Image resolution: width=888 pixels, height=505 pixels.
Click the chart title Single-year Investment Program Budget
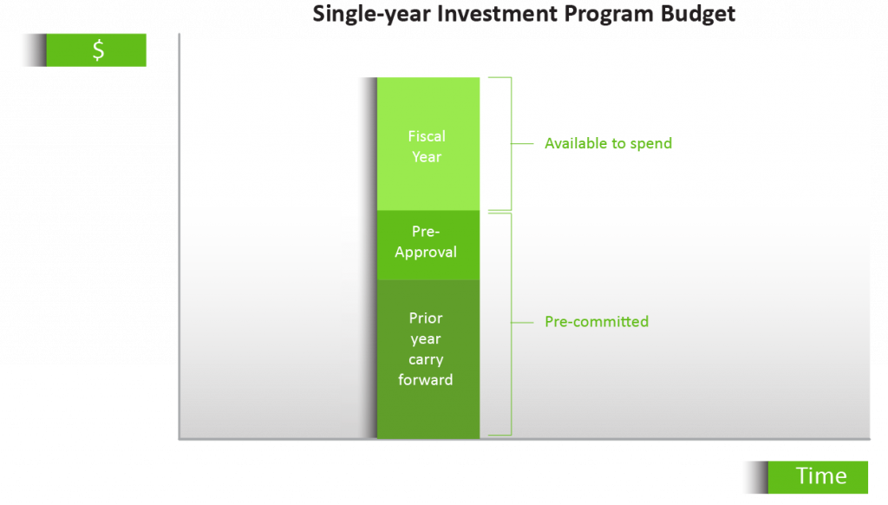524,14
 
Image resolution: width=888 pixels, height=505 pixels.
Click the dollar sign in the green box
98,50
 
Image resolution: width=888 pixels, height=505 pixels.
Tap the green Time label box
819,476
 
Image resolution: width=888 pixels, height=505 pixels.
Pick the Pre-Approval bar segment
428,244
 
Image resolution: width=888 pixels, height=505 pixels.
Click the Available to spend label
608,143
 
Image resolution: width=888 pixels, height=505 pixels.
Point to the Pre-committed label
596,321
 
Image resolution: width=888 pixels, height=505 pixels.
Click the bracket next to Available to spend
505,143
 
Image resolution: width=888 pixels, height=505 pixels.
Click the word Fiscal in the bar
426,136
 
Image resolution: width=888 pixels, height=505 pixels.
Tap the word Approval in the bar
425,252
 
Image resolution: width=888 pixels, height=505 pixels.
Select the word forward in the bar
425,380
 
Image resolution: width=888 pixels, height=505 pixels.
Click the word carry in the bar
426,359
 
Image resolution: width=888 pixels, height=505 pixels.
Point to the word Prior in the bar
426,318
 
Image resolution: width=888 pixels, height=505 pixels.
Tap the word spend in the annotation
650,143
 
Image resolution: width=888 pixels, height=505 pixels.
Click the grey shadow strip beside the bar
359,260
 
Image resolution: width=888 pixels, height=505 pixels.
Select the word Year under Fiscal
426,157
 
